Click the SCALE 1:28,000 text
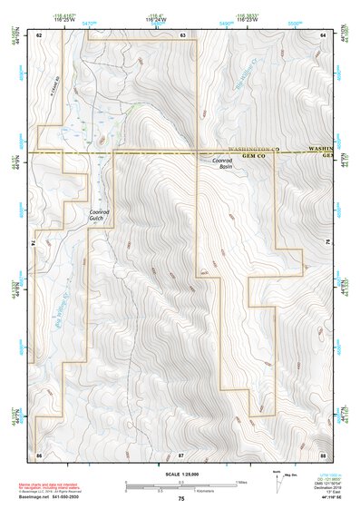point(180,474)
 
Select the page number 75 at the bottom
point(181,500)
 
